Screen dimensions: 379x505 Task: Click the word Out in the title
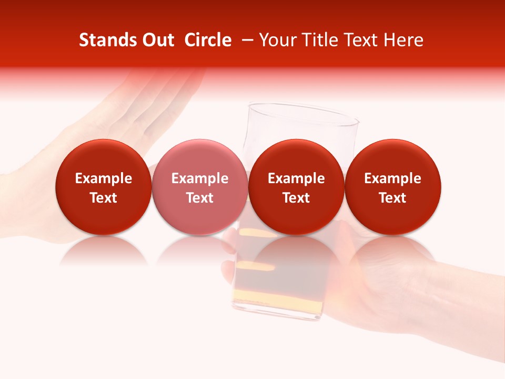coord(157,41)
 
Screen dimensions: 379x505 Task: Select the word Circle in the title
coord(208,41)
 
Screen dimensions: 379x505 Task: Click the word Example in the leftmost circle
coord(104,178)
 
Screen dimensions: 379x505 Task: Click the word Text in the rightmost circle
coord(393,198)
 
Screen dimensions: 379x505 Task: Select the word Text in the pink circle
coord(200,198)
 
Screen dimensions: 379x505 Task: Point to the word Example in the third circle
coord(296,178)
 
